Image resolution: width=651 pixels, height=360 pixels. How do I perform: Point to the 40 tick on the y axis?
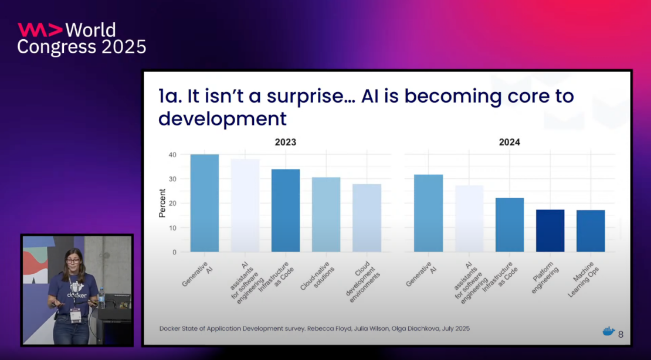pyautogui.click(x=172, y=155)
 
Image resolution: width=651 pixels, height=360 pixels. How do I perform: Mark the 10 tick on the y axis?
pyautogui.click(x=172, y=227)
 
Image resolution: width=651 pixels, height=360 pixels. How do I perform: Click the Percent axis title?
pyautogui.click(x=162, y=203)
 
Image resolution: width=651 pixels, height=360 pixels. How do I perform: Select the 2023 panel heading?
pyautogui.click(x=286, y=142)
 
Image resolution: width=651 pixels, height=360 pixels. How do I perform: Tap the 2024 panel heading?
pyautogui.click(x=509, y=142)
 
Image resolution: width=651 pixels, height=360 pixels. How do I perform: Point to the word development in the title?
pyautogui.click(x=222, y=118)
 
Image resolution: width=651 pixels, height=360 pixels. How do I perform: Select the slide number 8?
pyautogui.click(x=621, y=335)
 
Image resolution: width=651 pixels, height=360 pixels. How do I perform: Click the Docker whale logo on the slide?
pyautogui.click(x=609, y=332)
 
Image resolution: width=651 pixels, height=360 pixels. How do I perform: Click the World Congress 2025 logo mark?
pyautogui.click(x=39, y=30)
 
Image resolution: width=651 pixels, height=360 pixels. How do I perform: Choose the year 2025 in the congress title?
pyautogui.click(x=124, y=47)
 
